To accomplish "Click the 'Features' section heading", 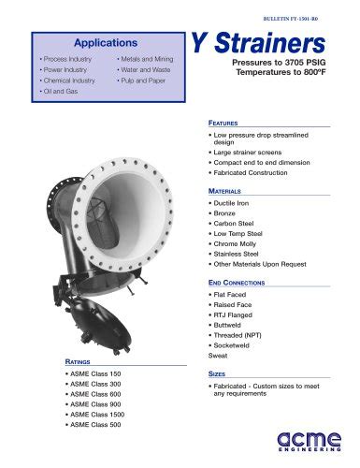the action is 225,123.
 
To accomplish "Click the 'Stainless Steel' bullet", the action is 239,253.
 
